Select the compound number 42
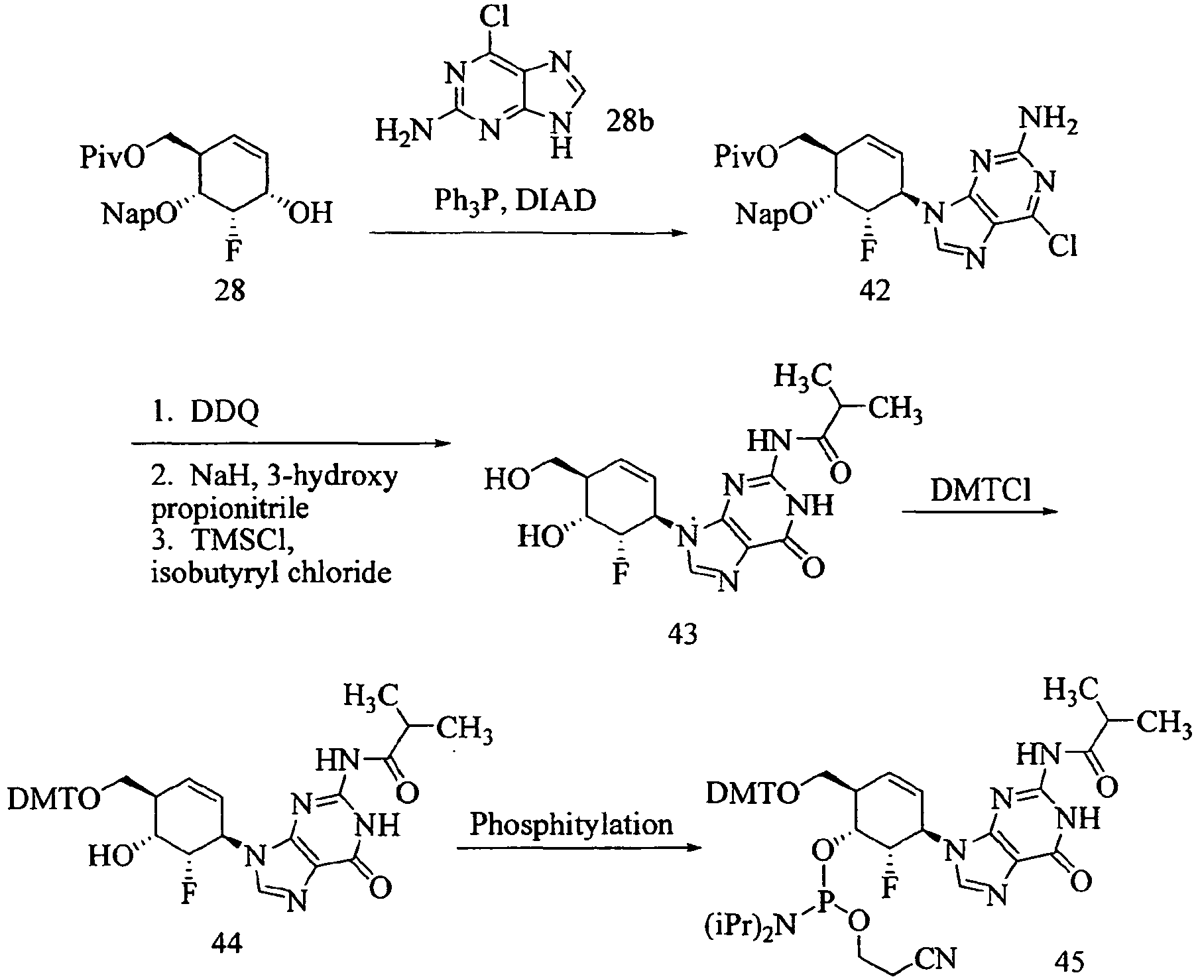[874, 291]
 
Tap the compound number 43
[683, 634]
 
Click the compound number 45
[1067, 959]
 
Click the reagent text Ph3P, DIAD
[514, 201]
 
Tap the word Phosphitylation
[571, 824]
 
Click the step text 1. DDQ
[205, 412]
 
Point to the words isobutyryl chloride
[270, 572]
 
